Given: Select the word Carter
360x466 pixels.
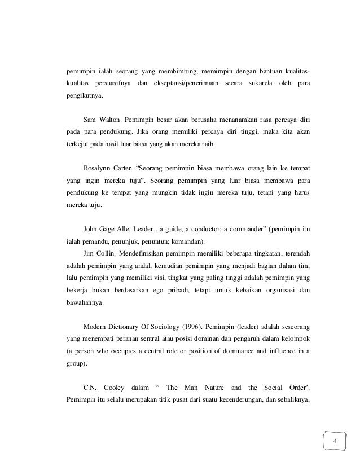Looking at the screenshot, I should pos(131,169).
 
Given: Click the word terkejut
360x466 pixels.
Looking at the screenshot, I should pos(78,145).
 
